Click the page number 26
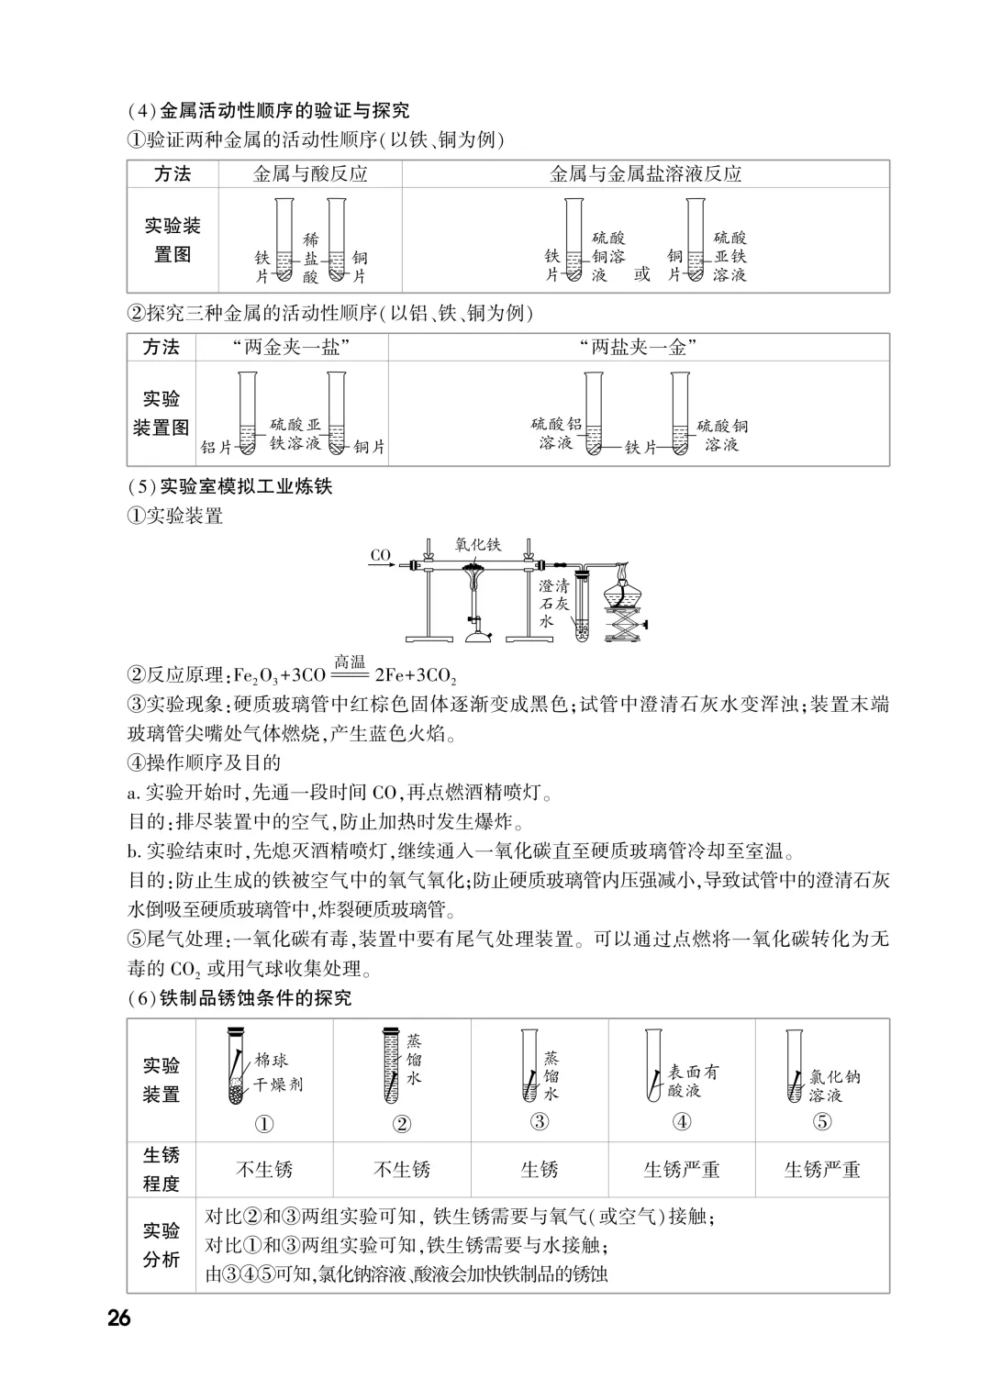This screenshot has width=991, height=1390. [x=119, y=1318]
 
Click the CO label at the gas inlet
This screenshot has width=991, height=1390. [x=381, y=555]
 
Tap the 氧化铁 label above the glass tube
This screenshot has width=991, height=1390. [x=478, y=544]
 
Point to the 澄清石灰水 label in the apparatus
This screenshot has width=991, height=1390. [x=553, y=603]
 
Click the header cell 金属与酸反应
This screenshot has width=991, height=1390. [x=310, y=174]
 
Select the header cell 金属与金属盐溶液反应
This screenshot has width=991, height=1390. [x=645, y=174]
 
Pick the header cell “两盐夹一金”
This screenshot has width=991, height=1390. [x=639, y=347]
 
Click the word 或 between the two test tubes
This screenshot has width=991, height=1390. [x=641, y=273]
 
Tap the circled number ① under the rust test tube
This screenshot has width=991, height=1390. [x=264, y=1123]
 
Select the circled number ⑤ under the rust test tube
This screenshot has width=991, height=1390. [x=822, y=1121]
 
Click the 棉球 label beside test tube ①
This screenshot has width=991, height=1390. [x=272, y=1062]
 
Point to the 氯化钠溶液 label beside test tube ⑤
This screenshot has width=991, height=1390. [x=834, y=1085]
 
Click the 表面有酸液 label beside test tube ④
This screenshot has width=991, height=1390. [x=693, y=1080]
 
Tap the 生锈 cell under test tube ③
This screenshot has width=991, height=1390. [x=540, y=1170]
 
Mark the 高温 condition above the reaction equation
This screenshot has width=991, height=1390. [x=350, y=662]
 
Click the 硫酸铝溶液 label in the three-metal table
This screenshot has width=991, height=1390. [x=556, y=433]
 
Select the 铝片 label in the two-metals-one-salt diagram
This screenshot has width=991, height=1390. [x=217, y=447]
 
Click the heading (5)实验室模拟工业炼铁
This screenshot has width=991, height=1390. [x=229, y=486]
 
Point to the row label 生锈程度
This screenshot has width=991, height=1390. [x=161, y=1169]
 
